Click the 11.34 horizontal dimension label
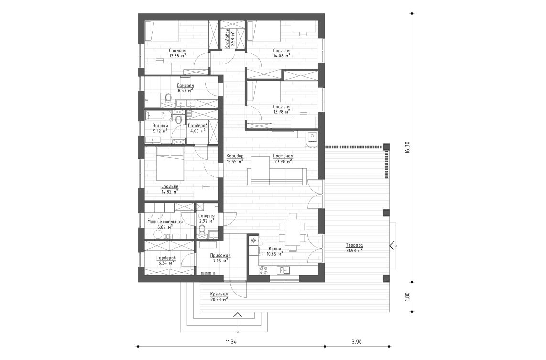pyautogui.click(x=231, y=342)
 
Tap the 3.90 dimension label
pyautogui.click(x=357, y=342)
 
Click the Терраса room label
pyautogui.click(x=354, y=245)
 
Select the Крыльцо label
pyautogui.click(x=218, y=295)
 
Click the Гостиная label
pyautogui.click(x=283, y=156)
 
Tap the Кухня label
pyautogui.click(x=274, y=249)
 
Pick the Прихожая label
pyautogui.click(x=220, y=256)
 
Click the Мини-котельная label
pyautogui.click(x=164, y=222)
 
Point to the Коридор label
pyautogui.click(x=235, y=156)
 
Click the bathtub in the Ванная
pyautogui.click(x=157, y=115)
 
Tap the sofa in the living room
pyautogui.click(x=277, y=176)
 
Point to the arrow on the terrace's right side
pyautogui.click(x=392, y=246)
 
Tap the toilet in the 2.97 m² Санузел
pyautogui.click(x=202, y=231)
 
